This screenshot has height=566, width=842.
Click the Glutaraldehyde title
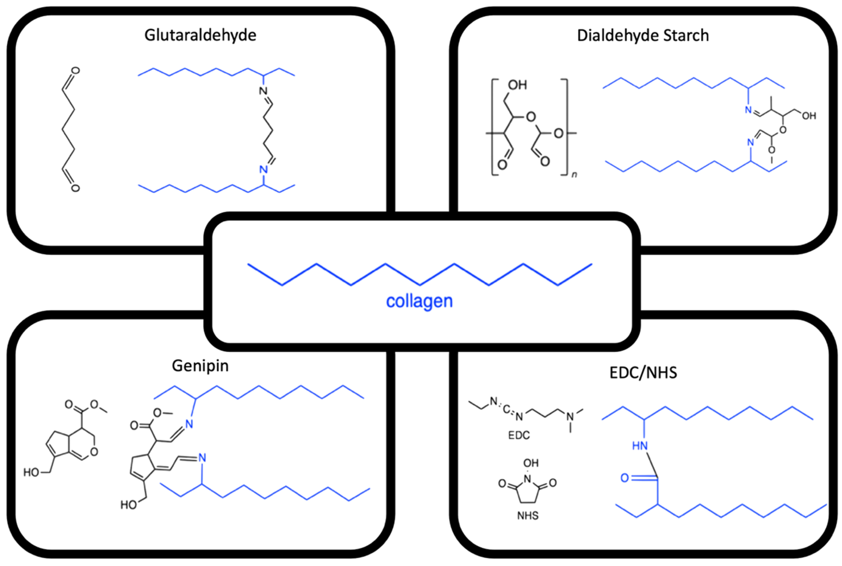coord(200,35)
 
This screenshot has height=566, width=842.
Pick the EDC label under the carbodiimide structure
coord(519,435)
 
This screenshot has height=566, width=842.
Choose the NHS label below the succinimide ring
coord(528,515)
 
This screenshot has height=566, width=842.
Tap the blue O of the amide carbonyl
coord(625,478)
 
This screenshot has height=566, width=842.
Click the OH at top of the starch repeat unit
coord(517,85)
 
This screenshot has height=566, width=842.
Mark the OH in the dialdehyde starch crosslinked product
coord(809,116)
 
